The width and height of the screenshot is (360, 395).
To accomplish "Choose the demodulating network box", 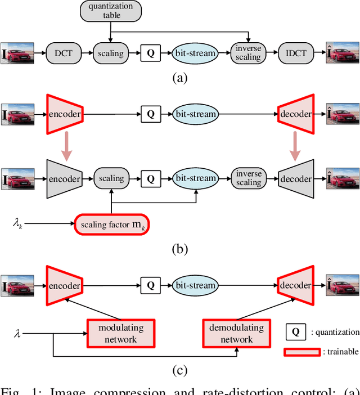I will (x=236, y=333).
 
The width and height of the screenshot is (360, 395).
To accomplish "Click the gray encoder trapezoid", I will (x=65, y=178).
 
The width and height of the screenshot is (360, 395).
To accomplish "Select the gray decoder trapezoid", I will (x=296, y=178).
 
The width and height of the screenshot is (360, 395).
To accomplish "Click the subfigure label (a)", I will (x=179, y=78).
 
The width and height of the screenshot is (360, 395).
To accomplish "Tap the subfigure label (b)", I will (x=179, y=248).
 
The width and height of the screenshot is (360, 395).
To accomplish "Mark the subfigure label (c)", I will (x=179, y=370).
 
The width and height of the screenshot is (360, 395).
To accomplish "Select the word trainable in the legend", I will (x=341, y=352).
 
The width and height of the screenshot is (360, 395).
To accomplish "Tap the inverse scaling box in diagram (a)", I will (x=247, y=53).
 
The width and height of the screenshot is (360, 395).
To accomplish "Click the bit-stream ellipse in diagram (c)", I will (x=195, y=285).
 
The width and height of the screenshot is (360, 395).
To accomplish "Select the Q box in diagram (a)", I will (x=150, y=53).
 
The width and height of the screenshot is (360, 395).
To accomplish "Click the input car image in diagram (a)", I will (x=19, y=53).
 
